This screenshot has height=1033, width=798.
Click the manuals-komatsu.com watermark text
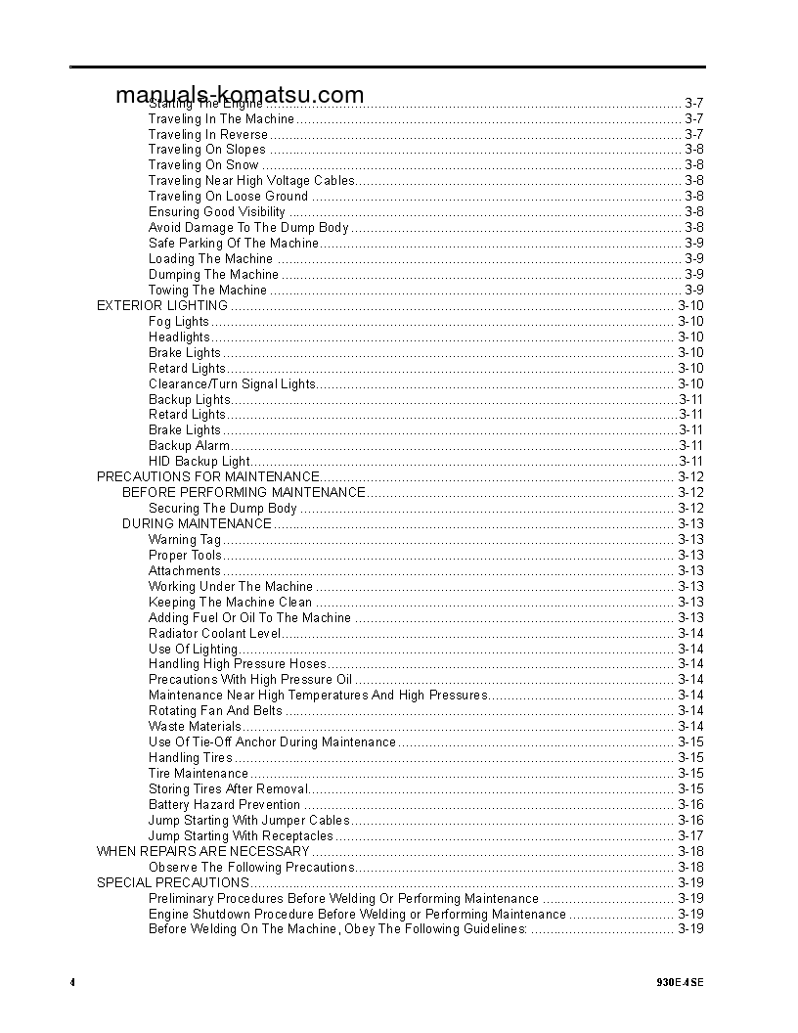(240, 95)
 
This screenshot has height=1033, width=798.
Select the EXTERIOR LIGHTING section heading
(162, 305)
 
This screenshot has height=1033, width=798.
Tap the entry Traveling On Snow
(203, 165)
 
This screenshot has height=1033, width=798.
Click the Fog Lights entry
(179, 321)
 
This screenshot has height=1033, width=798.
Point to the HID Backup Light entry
(199, 461)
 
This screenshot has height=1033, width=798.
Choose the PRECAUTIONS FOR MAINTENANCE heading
(208, 476)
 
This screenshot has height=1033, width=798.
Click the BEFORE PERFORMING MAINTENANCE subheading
(244, 492)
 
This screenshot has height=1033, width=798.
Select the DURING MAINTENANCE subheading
(197, 523)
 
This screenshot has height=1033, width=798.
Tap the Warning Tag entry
(185, 539)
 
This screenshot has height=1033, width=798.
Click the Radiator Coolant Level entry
(215, 633)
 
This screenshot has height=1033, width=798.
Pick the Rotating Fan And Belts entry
(215, 710)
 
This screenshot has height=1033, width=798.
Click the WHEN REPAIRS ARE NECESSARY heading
(202, 851)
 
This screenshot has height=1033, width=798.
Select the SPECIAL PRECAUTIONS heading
(172, 882)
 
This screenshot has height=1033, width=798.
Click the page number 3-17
(690, 835)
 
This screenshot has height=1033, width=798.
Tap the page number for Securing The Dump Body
(690, 508)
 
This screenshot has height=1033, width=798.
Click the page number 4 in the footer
(72, 982)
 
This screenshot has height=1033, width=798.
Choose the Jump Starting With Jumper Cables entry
(248, 820)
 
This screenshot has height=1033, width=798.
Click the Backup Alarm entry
(190, 445)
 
